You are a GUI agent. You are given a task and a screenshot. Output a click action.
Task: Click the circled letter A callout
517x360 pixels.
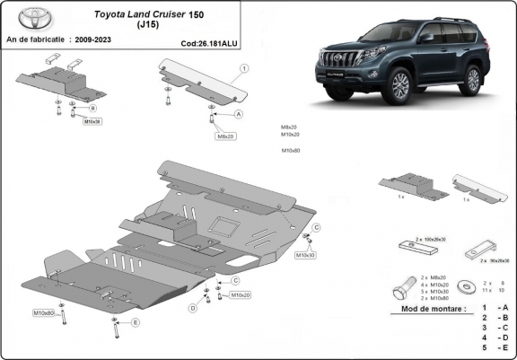[239, 115]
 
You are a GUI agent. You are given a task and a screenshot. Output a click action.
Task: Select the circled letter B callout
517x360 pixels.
[92, 108]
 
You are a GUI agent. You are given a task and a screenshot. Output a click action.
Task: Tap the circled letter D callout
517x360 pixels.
[193, 308]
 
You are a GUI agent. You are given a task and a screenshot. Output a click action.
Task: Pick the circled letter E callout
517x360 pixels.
[136, 321]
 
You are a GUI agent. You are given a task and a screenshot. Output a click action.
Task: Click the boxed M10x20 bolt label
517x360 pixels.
[240, 294]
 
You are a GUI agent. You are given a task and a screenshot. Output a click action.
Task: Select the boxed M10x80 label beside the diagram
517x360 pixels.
[45, 313]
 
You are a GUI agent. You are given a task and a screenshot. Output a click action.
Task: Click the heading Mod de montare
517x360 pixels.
[427, 308]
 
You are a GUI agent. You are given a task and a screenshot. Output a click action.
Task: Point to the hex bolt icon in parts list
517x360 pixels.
[400, 290]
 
